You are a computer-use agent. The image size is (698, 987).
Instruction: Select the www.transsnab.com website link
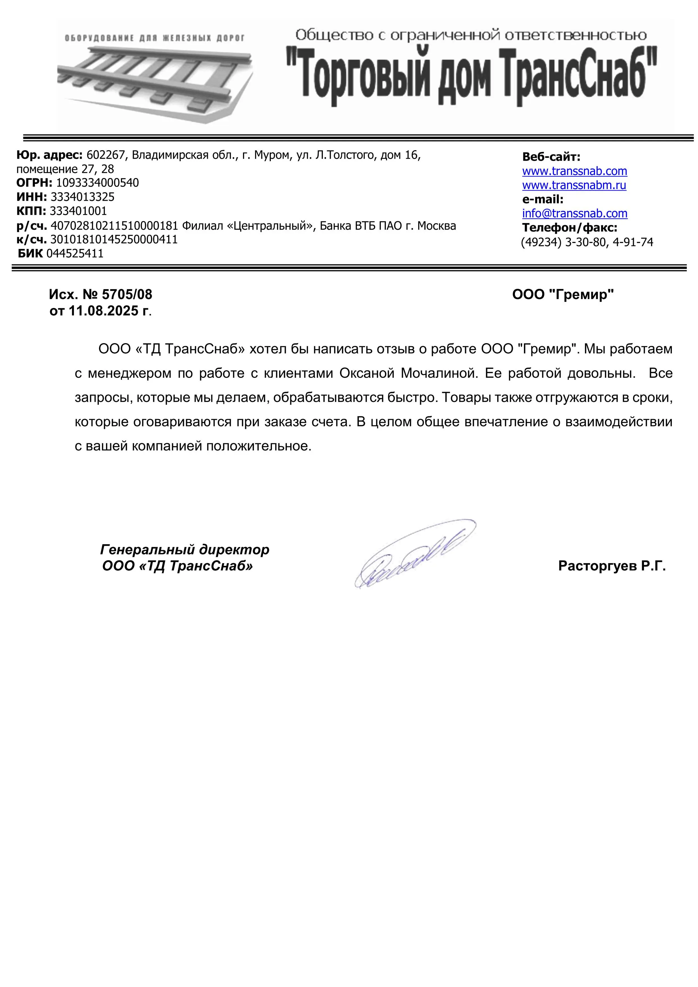click(574, 171)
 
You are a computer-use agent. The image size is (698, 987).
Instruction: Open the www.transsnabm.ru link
click(574, 185)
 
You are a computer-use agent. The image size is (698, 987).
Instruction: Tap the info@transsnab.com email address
click(574, 214)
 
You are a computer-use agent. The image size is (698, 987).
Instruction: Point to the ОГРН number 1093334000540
click(98, 183)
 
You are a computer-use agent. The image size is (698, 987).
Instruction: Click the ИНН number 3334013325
click(82, 197)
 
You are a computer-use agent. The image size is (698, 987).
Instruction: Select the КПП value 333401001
click(78, 211)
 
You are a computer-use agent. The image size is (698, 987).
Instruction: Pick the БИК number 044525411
click(75, 254)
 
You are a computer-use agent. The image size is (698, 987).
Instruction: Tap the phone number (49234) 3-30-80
click(563, 242)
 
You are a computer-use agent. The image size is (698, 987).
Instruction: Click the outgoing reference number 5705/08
click(127, 294)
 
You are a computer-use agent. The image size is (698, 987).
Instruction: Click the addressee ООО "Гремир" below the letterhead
click(563, 294)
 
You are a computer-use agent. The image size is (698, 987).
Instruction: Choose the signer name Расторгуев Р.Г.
click(612, 566)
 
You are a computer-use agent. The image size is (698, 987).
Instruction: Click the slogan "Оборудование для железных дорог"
click(155, 38)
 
